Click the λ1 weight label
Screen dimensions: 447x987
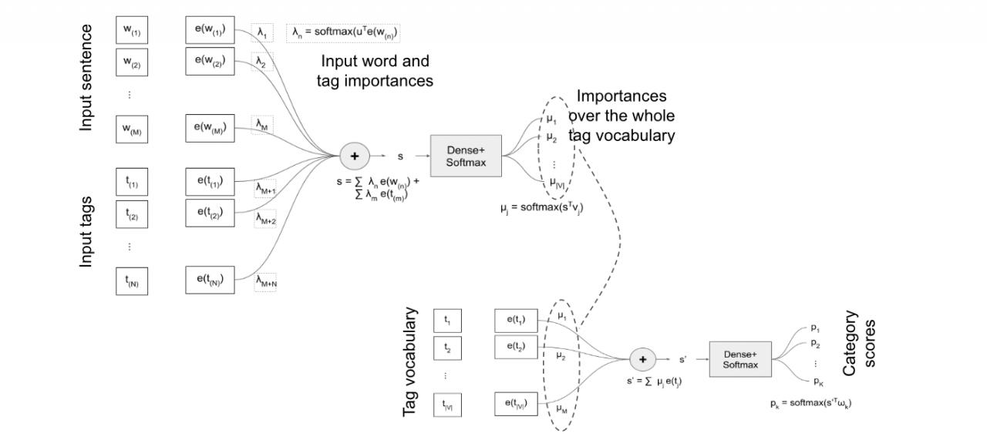click(262, 33)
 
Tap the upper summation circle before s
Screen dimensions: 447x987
click(355, 156)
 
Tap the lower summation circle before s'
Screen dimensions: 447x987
click(642, 358)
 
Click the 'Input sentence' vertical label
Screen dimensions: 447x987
click(86, 77)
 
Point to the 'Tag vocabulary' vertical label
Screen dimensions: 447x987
click(411, 362)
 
